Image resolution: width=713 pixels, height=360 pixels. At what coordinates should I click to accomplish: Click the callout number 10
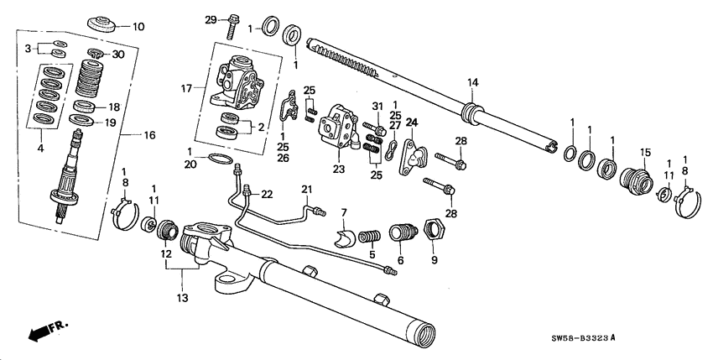pyautogui.click(x=138, y=26)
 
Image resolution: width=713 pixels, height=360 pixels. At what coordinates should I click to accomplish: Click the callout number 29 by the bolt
pyautogui.click(x=211, y=18)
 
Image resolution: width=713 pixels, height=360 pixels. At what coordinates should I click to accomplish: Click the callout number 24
pyautogui.click(x=412, y=123)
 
